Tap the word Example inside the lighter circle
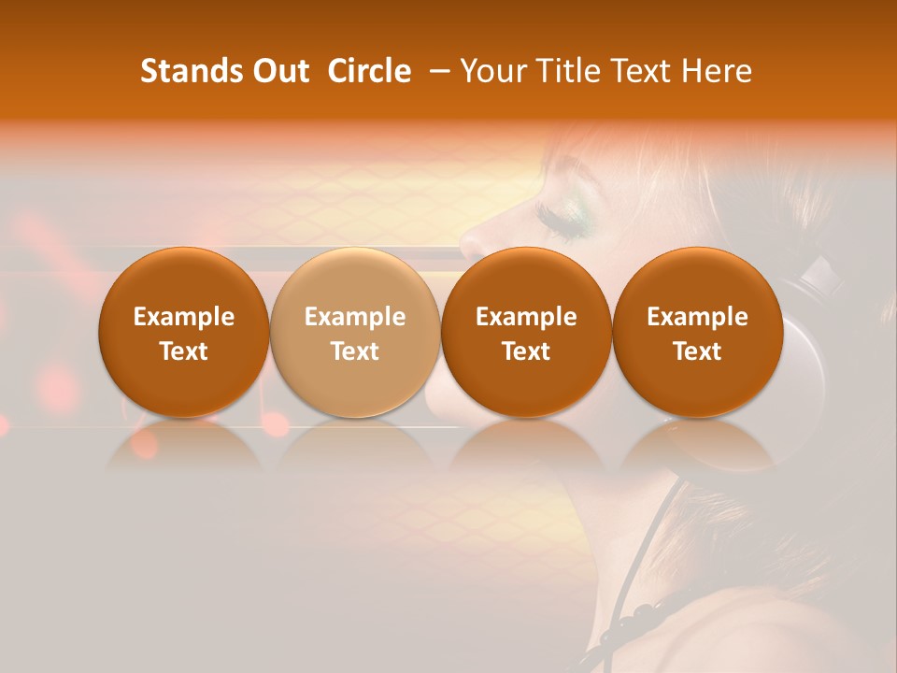click(x=354, y=317)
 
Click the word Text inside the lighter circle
click(x=354, y=351)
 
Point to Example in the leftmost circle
click(x=183, y=317)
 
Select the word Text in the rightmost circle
click(x=697, y=351)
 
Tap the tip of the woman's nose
click(x=467, y=245)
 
